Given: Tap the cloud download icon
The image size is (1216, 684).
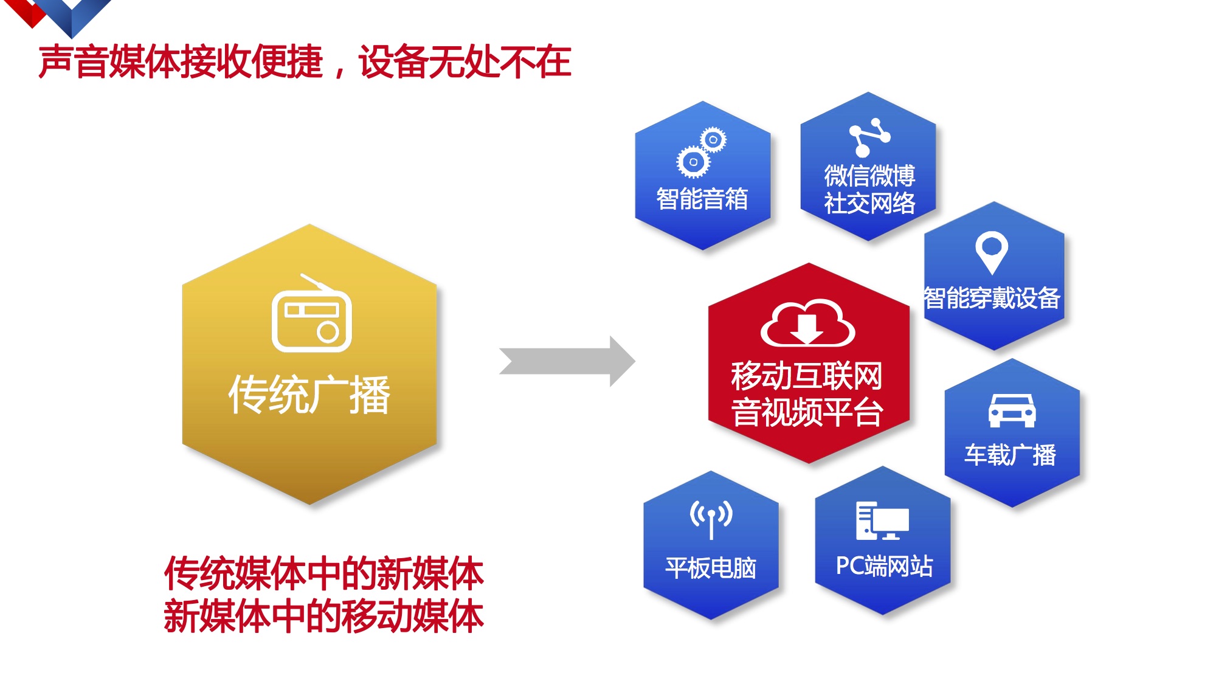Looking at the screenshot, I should [x=807, y=323].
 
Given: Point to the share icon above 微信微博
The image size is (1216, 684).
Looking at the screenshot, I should [x=869, y=137].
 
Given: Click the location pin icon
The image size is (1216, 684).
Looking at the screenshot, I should [x=992, y=252].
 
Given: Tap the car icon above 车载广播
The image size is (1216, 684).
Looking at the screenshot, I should [x=1011, y=410].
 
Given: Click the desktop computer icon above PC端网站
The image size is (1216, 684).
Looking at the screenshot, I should [x=882, y=521].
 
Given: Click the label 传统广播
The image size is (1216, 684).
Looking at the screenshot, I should [x=309, y=395].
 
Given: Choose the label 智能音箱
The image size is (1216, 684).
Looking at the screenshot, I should [x=702, y=199].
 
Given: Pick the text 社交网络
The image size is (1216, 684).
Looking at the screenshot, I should [x=869, y=203].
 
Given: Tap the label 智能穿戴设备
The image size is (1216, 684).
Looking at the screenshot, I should [x=992, y=298].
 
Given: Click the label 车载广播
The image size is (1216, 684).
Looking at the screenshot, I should [x=1010, y=455].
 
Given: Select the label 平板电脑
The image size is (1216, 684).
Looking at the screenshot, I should [x=711, y=568].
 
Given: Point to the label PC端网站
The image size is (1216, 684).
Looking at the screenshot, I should [x=884, y=566].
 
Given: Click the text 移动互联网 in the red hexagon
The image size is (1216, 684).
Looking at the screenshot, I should [x=807, y=376].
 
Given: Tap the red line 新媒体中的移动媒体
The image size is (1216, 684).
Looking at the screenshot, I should [x=323, y=616].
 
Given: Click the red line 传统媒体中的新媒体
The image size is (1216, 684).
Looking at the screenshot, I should [x=323, y=573].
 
